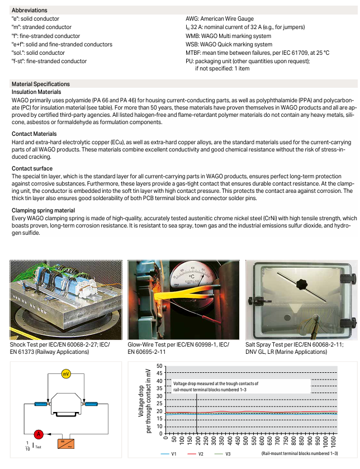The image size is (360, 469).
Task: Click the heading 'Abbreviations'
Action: coord(29,10)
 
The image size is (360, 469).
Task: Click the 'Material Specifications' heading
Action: coord(41,84)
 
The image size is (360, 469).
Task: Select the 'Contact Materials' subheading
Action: coord(34,134)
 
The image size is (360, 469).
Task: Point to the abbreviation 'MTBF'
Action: coord(194,53)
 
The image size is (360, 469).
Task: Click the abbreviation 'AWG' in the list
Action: coord(193,18)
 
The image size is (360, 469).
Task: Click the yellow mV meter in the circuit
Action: coord(66,374)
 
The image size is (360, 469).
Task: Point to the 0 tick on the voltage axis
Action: coord(161,434)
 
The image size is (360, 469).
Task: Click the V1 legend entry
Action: coord(173,454)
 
